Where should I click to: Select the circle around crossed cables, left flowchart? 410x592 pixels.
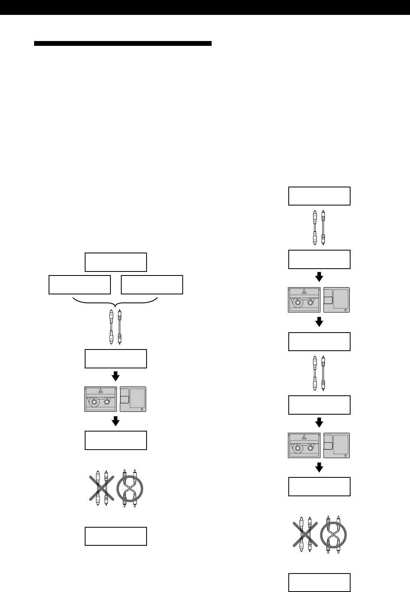click(x=130, y=489)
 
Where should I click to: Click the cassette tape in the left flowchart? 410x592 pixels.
click(x=101, y=399)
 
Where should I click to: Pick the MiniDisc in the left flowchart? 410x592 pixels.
click(x=133, y=399)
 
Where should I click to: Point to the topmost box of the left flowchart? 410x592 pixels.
click(x=116, y=262)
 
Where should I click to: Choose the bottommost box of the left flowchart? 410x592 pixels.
click(x=116, y=536)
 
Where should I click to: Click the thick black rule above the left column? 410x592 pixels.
click(x=122, y=43)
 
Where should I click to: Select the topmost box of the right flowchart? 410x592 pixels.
click(x=319, y=196)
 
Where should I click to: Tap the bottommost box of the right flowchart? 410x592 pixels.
click(x=319, y=582)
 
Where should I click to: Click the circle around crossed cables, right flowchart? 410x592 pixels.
click(x=334, y=535)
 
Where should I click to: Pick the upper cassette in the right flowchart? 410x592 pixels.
click(x=305, y=300)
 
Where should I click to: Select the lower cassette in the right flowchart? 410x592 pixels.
click(x=305, y=445)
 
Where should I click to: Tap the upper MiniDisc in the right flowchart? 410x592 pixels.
click(x=337, y=300)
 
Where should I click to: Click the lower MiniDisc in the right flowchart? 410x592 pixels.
click(x=337, y=445)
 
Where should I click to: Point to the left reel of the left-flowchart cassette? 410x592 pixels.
click(x=94, y=402)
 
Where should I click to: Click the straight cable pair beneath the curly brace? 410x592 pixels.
click(x=116, y=327)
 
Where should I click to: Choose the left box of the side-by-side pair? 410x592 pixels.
click(x=80, y=285)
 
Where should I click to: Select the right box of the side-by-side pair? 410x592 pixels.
click(x=152, y=285)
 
